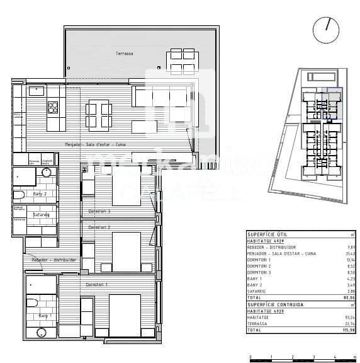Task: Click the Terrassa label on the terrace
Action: click(124, 54)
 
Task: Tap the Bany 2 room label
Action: click(40, 193)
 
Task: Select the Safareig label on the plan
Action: click(42, 214)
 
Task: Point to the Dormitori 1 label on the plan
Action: click(97, 284)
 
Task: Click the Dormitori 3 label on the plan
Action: click(99, 211)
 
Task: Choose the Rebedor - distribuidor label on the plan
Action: click(54, 259)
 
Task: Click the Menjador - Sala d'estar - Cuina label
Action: click(95, 144)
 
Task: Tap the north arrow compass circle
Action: click(325, 30)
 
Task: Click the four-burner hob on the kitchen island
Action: click(53, 108)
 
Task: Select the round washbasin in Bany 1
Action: click(42, 331)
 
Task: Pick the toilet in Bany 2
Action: click(19, 194)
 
